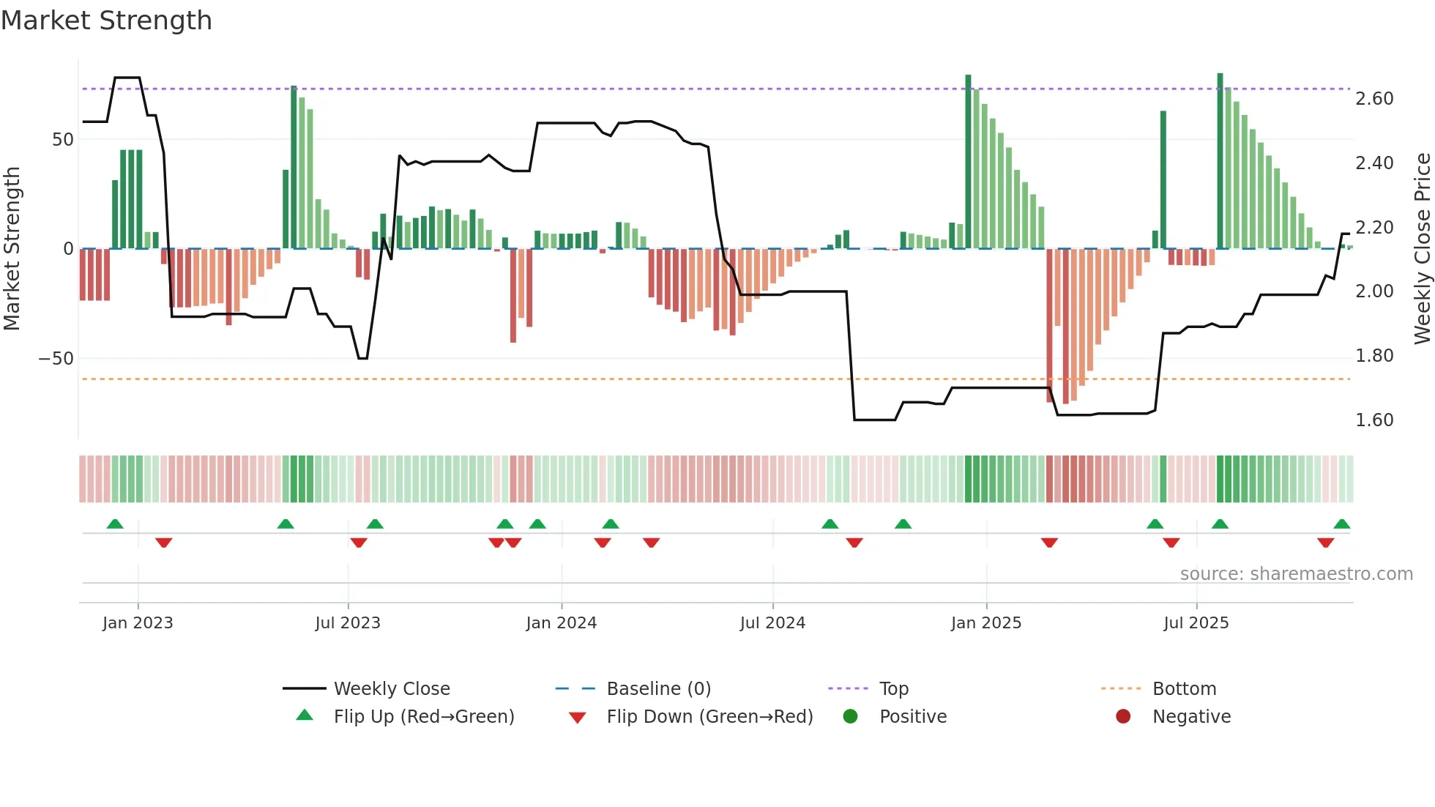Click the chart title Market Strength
(106, 21)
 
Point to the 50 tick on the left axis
(63, 140)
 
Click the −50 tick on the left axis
(56, 359)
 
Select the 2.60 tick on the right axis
(1374, 99)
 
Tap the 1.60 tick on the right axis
(1374, 420)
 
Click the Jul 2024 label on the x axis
(772, 623)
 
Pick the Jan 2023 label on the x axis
(138, 623)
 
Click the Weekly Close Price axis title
(1422, 249)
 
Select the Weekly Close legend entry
(392, 689)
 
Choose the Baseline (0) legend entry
(658, 689)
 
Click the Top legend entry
(893, 689)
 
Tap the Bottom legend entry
(1184, 689)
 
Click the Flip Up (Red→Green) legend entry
(424, 717)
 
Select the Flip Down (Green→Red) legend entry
(709, 717)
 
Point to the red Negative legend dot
(1123, 717)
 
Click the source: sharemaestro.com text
(1296, 574)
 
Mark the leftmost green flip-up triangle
(115, 524)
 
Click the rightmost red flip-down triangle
(1325, 543)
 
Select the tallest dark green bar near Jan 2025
(968, 161)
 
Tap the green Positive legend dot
(850, 717)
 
